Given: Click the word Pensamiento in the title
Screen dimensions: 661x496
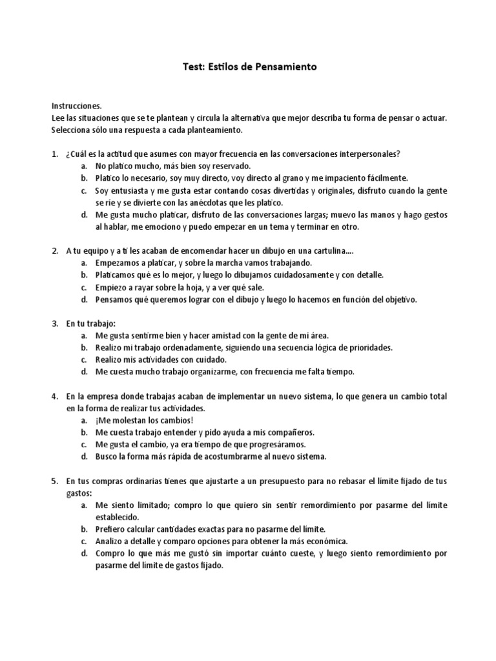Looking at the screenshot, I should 285,66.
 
